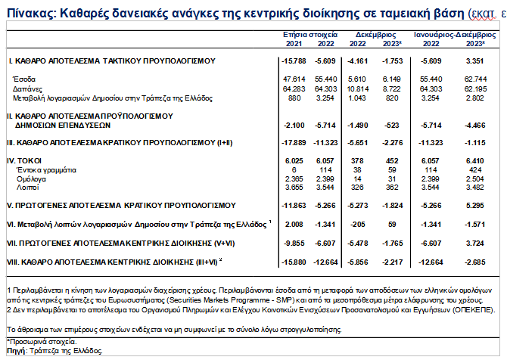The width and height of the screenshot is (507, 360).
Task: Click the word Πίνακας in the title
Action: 28,12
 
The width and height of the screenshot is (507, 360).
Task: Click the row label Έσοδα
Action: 24,78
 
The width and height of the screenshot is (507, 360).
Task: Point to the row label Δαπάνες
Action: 27,88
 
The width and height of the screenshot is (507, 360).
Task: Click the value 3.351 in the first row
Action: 474,60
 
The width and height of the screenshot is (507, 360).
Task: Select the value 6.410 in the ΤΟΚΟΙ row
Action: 474,161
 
